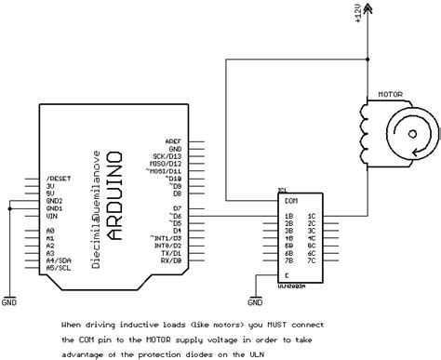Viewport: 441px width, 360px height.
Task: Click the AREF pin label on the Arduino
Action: tap(173, 139)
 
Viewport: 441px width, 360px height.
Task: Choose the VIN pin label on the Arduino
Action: tap(53, 214)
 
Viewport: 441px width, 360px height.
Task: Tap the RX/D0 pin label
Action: tap(170, 260)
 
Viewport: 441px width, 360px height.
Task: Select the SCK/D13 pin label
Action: tap(168, 154)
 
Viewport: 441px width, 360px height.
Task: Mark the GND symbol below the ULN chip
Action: tap(255, 300)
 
